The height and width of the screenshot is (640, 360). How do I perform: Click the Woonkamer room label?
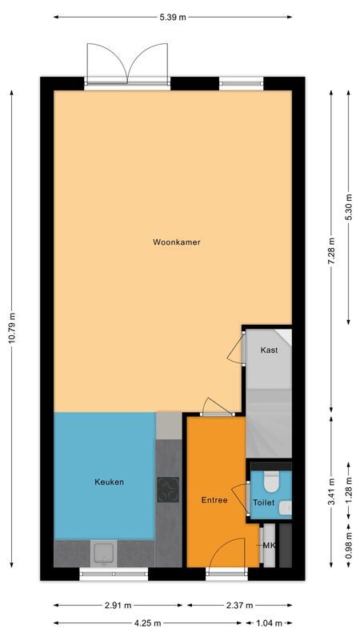tap(177, 242)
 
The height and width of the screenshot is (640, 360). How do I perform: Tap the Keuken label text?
tap(109, 482)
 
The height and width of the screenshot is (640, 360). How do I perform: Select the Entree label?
tap(214, 500)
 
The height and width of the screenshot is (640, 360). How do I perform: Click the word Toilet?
tap(263, 503)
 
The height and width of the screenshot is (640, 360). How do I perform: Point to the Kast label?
tap(270, 350)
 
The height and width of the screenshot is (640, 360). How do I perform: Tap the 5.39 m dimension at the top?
tap(174, 16)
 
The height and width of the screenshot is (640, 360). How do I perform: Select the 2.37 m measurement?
tap(238, 606)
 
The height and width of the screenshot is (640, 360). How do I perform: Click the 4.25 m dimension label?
tap(148, 622)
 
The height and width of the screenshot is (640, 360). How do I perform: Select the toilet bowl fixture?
tap(270, 482)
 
